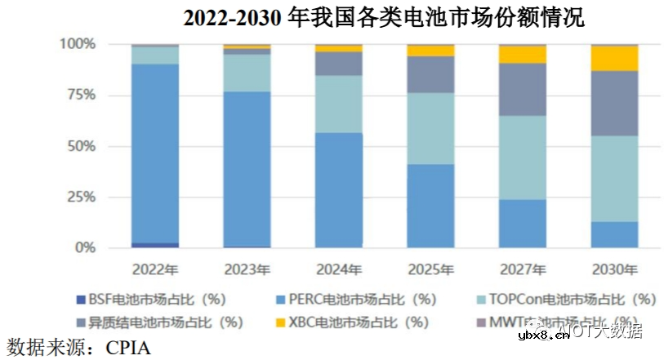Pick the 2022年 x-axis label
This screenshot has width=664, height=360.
(x=155, y=269)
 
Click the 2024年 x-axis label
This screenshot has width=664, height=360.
(x=339, y=269)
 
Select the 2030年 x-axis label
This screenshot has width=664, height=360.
(x=614, y=269)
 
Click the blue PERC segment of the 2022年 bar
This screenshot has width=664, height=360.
(x=155, y=151)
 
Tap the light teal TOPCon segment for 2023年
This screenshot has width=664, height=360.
(x=247, y=73)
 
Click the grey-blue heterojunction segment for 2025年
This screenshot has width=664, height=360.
(x=430, y=74)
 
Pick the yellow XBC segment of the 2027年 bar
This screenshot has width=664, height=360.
(x=523, y=55)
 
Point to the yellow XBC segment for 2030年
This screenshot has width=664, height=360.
(x=614, y=59)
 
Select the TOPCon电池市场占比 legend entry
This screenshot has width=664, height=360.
(x=576, y=299)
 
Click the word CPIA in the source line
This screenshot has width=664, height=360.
(x=128, y=346)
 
